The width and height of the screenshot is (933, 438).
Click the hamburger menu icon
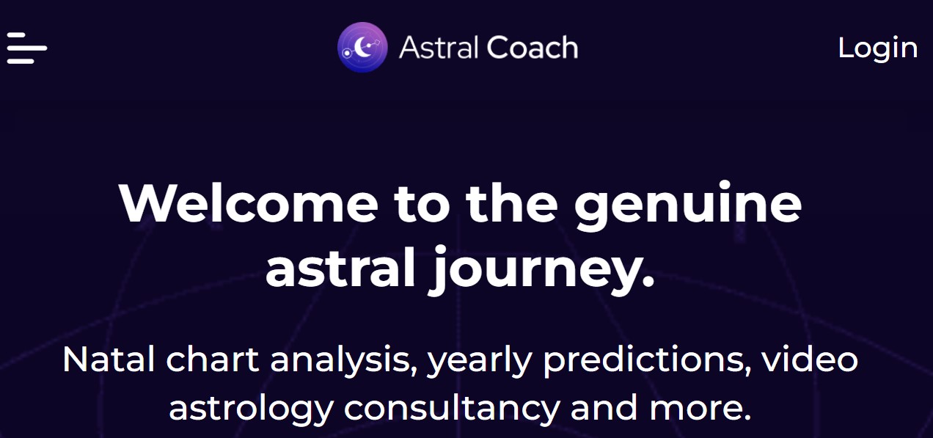click(x=27, y=48)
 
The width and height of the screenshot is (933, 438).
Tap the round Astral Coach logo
click(x=362, y=47)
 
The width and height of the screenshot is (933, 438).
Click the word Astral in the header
click(x=439, y=47)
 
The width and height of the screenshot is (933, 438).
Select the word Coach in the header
click(x=533, y=47)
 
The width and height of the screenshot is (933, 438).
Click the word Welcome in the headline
click(x=249, y=204)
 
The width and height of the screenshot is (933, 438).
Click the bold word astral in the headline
click(x=340, y=267)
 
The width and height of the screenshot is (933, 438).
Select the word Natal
click(x=109, y=359)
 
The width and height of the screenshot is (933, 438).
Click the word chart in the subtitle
click(x=213, y=359)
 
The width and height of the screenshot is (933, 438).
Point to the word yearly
click(x=480, y=361)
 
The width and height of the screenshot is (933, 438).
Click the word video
click(x=810, y=359)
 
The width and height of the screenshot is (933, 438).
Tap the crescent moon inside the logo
click(x=362, y=47)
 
